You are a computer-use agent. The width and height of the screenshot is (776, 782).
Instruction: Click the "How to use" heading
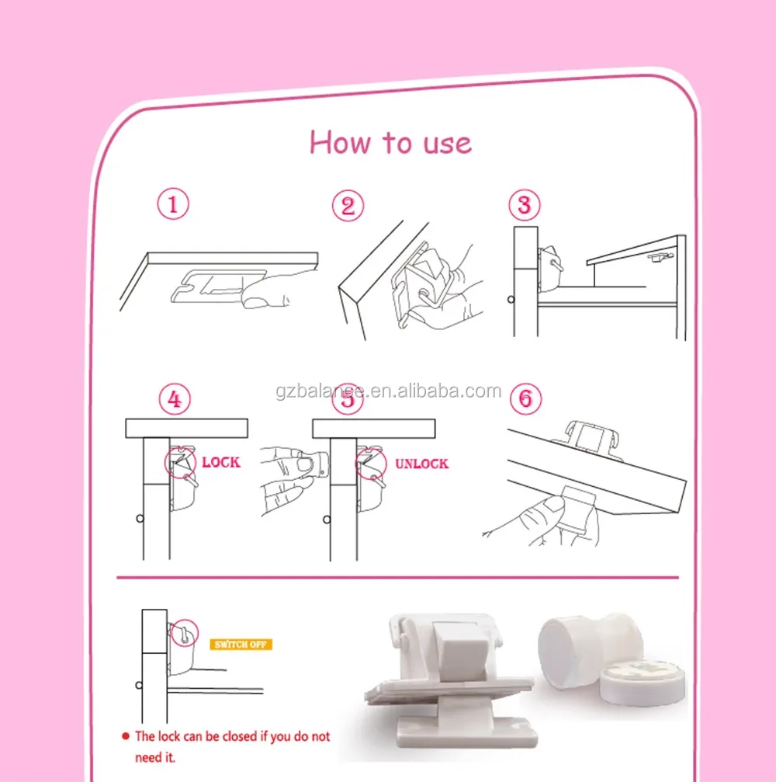[390, 143]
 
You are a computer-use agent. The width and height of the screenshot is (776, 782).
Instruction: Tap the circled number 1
[173, 205]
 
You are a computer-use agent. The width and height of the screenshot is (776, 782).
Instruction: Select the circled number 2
[348, 206]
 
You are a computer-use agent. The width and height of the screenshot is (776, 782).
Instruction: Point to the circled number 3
[525, 205]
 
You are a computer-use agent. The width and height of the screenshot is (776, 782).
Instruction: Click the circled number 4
[175, 399]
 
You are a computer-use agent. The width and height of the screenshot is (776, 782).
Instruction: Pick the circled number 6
[525, 399]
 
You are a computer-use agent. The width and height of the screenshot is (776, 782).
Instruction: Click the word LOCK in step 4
[221, 462]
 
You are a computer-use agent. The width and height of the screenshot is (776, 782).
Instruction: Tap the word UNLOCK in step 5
[421, 464]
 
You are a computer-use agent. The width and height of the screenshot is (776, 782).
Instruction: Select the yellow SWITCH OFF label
[241, 645]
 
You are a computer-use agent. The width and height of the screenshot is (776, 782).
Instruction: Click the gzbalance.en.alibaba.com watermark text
[388, 391]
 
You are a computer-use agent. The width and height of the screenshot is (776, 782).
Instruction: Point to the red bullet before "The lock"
[124, 735]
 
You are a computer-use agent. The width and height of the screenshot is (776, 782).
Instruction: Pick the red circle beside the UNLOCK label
[371, 464]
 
